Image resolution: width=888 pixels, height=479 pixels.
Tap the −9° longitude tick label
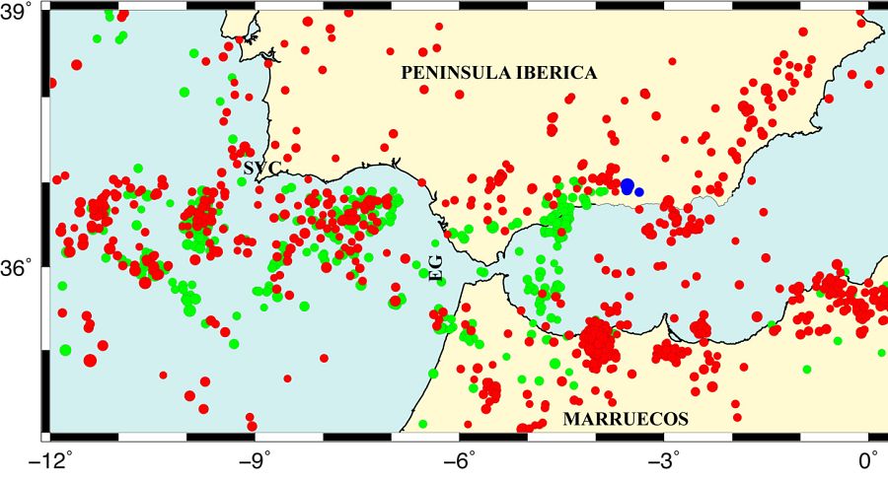tap(255, 459)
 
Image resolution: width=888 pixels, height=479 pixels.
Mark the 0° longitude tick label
tap(869, 459)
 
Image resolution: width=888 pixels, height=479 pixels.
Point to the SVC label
tap(261, 168)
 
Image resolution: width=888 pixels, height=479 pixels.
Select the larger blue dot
tap(628, 185)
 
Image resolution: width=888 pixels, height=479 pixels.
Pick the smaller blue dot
tap(639, 191)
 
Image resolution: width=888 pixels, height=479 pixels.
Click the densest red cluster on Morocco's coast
tap(598, 342)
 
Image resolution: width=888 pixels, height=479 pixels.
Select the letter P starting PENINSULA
tap(406, 74)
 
